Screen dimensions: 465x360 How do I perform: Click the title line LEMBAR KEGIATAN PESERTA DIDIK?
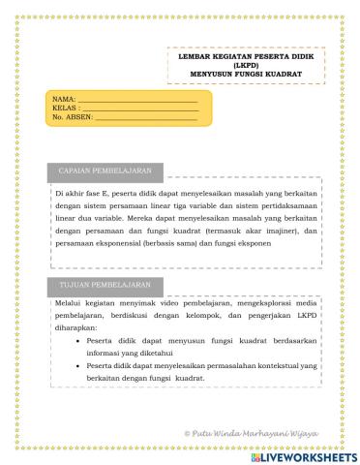pyautogui.click(x=244, y=58)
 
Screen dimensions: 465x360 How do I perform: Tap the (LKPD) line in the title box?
pyautogui.click(x=244, y=66)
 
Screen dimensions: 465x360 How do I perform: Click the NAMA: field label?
pyautogui.click(x=63, y=100)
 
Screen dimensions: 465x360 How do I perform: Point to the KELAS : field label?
pyautogui.click(x=65, y=108)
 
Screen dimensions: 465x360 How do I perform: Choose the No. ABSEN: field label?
pyautogui.click(x=71, y=116)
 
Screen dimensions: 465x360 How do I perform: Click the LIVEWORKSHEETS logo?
pyautogui.click(x=309, y=454)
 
